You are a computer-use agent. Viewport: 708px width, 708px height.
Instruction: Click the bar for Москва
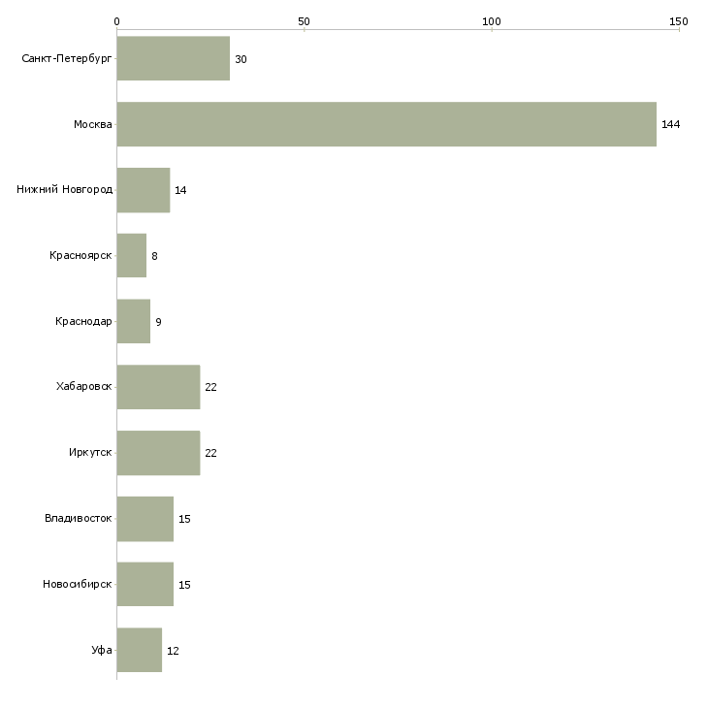point(387,124)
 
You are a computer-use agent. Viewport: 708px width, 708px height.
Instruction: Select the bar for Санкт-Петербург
point(174,58)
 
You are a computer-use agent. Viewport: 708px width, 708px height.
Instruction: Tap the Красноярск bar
point(132,256)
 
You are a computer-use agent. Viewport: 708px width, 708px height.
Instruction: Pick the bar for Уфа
point(140,650)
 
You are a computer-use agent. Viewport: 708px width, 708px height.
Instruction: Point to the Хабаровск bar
point(158,387)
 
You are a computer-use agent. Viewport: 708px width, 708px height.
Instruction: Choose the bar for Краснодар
point(134,321)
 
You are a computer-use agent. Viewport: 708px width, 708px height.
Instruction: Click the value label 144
point(670,124)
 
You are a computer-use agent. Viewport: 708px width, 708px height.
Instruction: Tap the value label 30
point(241,59)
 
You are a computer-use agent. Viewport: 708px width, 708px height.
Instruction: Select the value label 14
point(180,190)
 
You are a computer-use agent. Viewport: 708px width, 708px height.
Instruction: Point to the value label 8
point(154,256)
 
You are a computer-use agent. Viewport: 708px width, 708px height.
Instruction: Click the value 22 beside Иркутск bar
point(210,453)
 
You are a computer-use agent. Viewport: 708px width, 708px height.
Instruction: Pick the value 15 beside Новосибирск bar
point(184,585)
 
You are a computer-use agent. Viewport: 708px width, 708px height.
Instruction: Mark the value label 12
point(173,651)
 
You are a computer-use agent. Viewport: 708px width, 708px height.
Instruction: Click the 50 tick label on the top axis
point(304,21)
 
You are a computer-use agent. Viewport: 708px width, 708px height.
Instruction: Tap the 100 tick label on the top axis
point(492,21)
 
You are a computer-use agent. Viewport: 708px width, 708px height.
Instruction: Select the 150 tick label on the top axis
point(679,21)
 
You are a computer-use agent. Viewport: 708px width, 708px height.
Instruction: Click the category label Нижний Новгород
point(65,189)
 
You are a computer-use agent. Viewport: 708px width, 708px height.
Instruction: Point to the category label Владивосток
point(79,518)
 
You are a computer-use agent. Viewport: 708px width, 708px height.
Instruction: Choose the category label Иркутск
point(90,452)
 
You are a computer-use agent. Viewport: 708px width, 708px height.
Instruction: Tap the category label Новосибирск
point(78,584)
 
